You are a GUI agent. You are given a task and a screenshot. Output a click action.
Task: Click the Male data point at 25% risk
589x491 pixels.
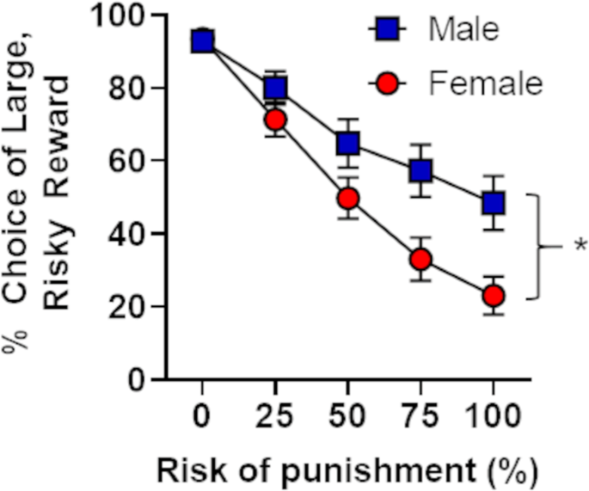point(275,88)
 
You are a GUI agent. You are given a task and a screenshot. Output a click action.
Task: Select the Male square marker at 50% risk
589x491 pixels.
point(348,143)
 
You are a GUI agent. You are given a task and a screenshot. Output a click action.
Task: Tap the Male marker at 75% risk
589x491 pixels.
point(420,170)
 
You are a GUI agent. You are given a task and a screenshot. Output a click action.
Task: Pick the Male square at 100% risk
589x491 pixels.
point(494,203)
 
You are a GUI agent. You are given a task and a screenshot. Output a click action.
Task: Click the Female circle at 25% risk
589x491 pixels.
point(275,120)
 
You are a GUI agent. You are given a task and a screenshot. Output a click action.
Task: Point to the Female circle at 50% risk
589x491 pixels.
point(348,199)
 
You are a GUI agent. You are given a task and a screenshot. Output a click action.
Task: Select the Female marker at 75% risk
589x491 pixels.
point(420,259)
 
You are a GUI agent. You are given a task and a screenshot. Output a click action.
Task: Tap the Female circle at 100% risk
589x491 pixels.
point(494,296)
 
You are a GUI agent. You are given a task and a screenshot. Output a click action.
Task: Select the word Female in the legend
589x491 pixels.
point(485,83)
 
